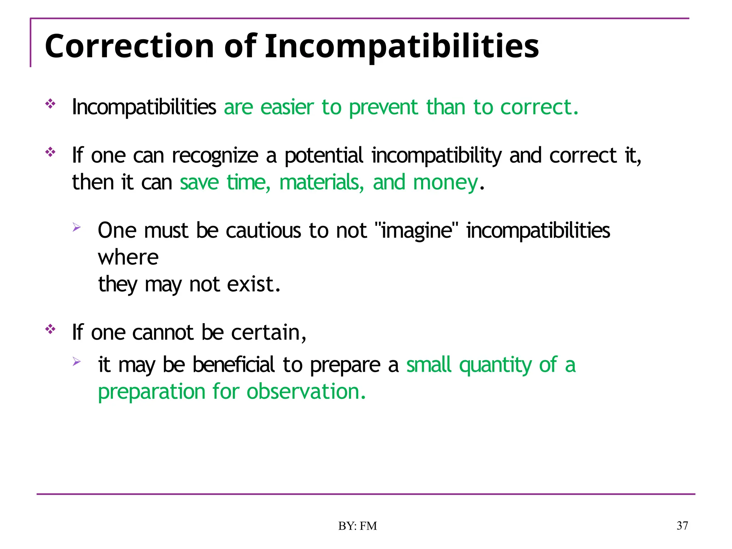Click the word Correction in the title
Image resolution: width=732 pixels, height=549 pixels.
click(129, 46)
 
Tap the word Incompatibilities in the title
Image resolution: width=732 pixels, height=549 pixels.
click(401, 46)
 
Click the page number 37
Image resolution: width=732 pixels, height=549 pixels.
click(682, 526)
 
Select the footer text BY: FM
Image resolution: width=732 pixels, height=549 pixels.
click(357, 526)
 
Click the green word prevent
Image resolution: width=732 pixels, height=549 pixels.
click(383, 107)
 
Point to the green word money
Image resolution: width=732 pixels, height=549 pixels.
click(445, 182)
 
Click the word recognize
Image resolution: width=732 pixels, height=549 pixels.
click(215, 156)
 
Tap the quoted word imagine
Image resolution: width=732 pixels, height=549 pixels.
click(417, 231)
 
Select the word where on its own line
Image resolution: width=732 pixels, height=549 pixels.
click(128, 257)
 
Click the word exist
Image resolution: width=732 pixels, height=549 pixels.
click(253, 285)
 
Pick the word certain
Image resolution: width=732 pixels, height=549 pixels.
click(268, 332)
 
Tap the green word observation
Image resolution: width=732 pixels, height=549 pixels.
click(306, 392)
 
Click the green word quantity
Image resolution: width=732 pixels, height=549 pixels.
click(495, 365)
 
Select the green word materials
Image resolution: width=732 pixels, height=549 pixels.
click(321, 182)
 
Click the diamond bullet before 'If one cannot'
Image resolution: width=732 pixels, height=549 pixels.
click(50, 329)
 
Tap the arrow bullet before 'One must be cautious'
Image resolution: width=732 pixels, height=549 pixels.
click(76, 227)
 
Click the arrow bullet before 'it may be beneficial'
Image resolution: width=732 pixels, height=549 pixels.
click(76, 361)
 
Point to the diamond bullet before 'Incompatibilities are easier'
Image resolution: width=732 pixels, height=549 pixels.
click(50, 104)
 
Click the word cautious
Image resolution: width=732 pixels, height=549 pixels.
click(263, 231)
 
